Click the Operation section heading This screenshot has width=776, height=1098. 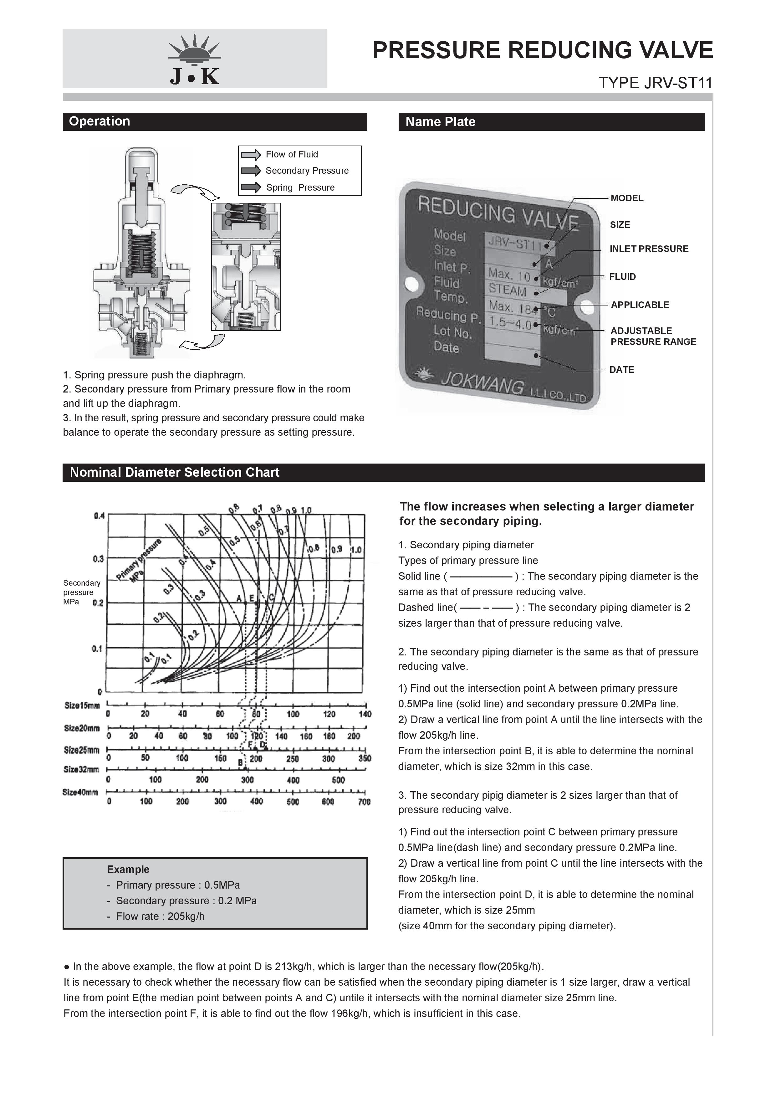tap(100, 121)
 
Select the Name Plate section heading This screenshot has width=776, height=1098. tap(440, 122)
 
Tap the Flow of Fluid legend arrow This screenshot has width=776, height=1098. tap(251, 155)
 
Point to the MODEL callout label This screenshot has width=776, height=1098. tap(626, 198)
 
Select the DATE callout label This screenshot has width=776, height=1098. tap(621, 370)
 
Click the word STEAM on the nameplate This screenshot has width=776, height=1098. tap(507, 290)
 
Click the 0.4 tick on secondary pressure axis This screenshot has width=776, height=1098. tap(99, 516)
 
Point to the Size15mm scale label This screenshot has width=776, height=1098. tap(82, 705)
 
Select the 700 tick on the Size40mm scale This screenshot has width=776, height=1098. tap(364, 802)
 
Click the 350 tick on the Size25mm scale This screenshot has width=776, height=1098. tap(364, 758)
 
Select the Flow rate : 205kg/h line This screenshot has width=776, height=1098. tap(160, 916)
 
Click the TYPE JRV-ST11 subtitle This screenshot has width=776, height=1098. tap(655, 83)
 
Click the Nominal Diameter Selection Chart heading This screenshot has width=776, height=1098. tap(175, 473)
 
